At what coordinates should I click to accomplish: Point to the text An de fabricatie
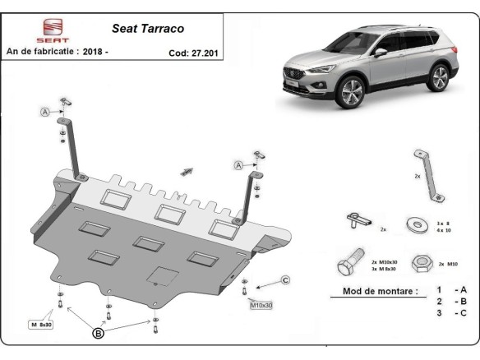click(47, 51)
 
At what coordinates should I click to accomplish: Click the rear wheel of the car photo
click(439, 78)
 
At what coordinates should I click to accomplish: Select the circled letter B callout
click(99, 334)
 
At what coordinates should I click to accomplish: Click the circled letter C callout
click(285, 281)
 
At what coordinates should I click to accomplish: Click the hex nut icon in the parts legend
click(423, 263)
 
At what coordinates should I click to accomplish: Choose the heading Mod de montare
click(373, 291)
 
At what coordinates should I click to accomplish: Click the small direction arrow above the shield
click(187, 170)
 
